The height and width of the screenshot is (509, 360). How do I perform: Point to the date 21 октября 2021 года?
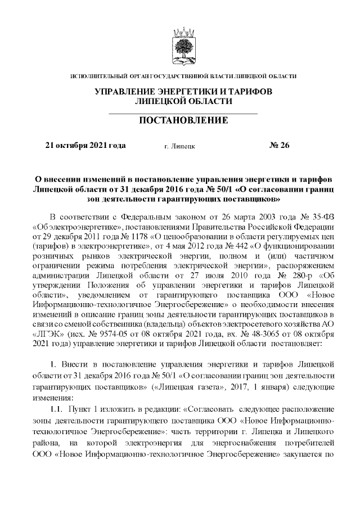click(x=85, y=146)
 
